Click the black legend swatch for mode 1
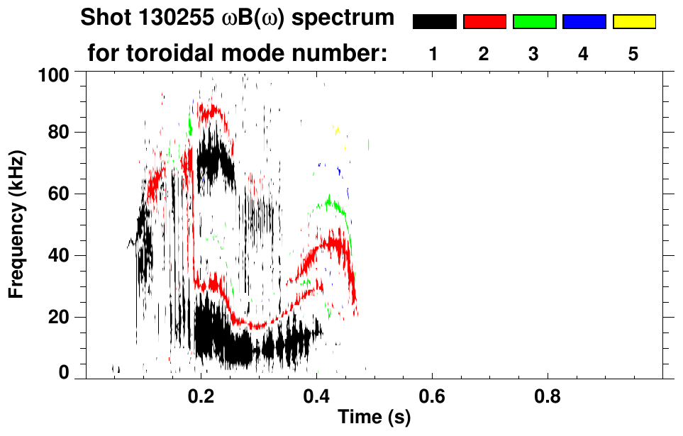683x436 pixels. [434, 22]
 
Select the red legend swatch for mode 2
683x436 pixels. [484, 22]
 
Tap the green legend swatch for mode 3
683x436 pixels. [534, 22]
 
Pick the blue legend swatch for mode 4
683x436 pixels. [584, 22]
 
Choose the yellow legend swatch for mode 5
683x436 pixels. [633, 22]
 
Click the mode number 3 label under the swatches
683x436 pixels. [534, 54]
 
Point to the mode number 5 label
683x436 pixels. [633, 54]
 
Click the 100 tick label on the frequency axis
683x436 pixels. [53, 73]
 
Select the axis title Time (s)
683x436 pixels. [373, 418]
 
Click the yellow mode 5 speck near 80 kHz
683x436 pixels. [337, 129]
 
